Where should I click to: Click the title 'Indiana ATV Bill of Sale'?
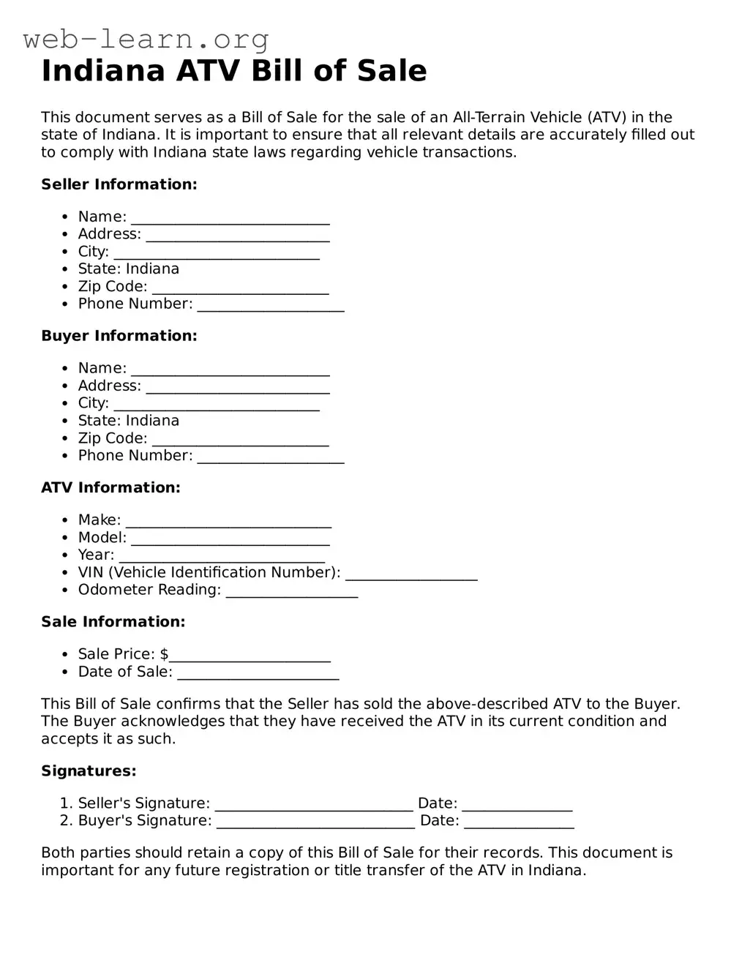[233, 71]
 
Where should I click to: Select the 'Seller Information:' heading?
[119, 184]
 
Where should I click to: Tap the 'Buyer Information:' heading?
[119, 336]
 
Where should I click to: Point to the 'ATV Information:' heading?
[110, 487]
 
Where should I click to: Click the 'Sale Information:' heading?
[113, 622]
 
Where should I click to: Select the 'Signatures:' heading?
[89, 771]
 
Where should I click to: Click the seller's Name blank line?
[230, 219]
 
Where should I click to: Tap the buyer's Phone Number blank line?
[271, 458]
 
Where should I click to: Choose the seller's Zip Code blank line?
[240, 289]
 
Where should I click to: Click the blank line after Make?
[228, 522]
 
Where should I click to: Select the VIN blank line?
[411, 575]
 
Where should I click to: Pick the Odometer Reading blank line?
[292, 593]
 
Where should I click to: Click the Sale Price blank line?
[250, 656]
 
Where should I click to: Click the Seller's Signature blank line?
[314, 806]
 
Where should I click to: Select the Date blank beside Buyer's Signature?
[519, 823]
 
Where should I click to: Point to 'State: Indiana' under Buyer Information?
[129, 421]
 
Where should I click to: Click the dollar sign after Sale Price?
[164, 654]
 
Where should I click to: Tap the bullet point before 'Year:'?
[64, 555]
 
